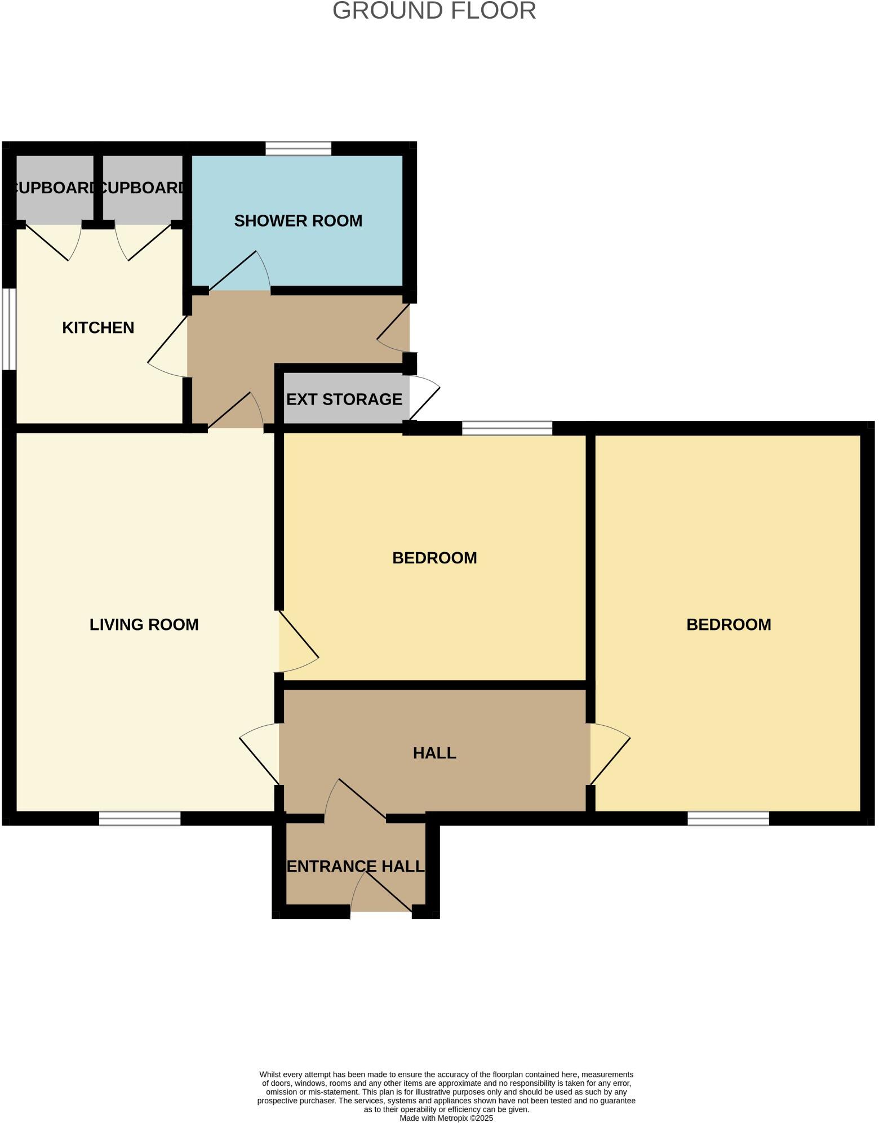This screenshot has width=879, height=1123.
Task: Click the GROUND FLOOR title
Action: (x=434, y=11)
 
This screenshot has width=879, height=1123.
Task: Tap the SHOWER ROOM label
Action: (x=298, y=221)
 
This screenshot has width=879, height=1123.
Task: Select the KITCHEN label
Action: (x=98, y=327)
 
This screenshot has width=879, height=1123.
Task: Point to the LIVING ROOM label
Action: (x=144, y=624)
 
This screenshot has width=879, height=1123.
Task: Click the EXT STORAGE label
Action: (x=344, y=399)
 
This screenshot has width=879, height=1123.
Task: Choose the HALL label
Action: (x=434, y=753)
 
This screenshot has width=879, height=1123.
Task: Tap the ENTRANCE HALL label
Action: (x=356, y=866)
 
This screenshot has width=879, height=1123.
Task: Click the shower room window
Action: (x=298, y=149)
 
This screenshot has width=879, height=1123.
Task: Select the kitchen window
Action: (x=9, y=330)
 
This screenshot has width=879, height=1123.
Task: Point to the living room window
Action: (x=140, y=818)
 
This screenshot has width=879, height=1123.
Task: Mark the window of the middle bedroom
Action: (x=507, y=428)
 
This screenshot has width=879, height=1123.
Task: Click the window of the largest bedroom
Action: (x=728, y=818)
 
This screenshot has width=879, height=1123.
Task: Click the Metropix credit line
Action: (x=446, y=1118)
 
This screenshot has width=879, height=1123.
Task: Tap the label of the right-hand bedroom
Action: (x=729, y=624)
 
